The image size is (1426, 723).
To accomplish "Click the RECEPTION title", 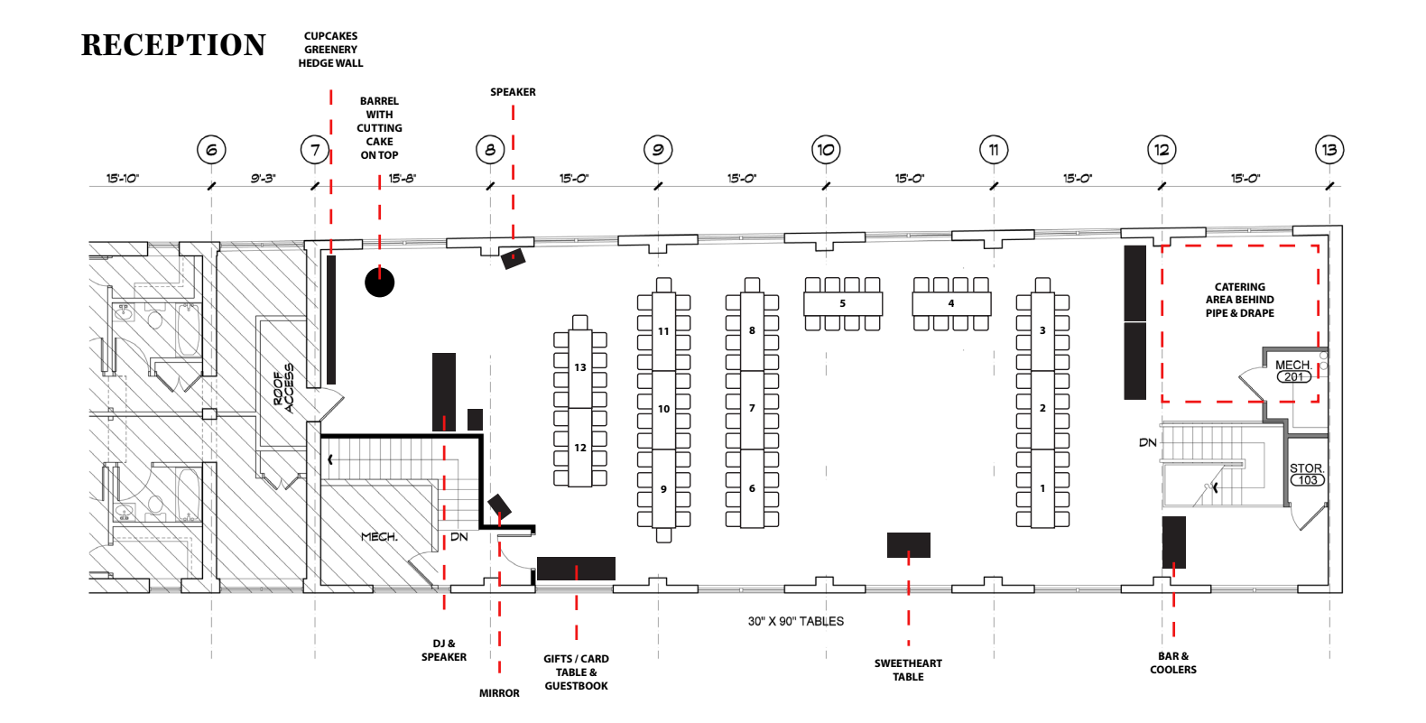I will (173, 45).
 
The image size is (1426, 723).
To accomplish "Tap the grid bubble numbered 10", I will (826, 150).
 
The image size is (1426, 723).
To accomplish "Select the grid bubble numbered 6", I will (211, 150).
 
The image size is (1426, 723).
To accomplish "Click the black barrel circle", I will (379, 282).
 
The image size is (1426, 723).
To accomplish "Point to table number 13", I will (579, 367).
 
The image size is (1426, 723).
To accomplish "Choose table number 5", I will (843, 303).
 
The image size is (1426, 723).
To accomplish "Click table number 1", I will (1042, 488).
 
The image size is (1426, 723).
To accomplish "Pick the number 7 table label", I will (752, 408).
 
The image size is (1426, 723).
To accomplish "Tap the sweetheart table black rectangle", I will (908, 545).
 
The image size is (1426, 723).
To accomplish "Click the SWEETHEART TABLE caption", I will (908, 670).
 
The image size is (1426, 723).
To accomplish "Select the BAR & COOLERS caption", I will (1172, 663).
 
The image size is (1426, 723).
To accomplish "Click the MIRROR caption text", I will (499, 693).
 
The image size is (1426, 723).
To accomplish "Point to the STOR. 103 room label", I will (1307, 474).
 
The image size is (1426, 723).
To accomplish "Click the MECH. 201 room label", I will (1293, 370).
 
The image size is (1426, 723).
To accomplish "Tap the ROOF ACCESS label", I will (283, 388).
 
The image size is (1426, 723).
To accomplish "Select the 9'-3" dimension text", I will (263, 179).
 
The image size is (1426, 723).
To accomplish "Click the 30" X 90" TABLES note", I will (795, 621).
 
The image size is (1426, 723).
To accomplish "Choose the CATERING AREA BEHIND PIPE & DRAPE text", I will (1239, 300).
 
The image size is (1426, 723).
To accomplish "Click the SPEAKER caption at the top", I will (513, 92).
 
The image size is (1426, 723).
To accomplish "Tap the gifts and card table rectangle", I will (576, 569).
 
